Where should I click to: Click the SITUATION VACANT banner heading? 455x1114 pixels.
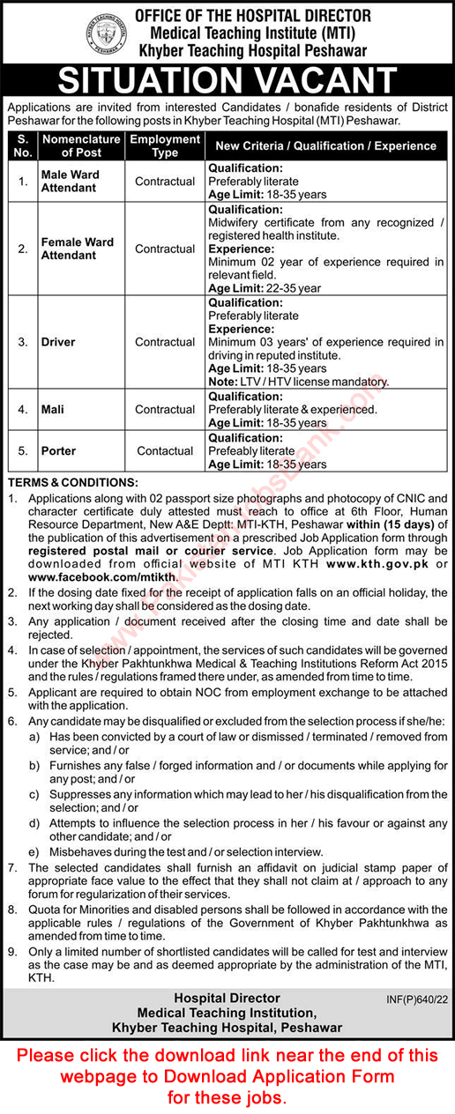[x=227, y=81]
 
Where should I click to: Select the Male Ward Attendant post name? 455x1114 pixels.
[x=71, y=181]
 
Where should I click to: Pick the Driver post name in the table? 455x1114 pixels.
[x=58, y=342]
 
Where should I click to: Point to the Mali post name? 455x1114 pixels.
[x=53, y=409]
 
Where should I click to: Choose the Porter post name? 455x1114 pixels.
[x=58, y=450]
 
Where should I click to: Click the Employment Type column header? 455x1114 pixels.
[x=165, y=145]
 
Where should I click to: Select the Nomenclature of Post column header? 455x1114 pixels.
[x=80, y=145]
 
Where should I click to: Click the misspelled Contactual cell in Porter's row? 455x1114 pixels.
[x=165, y=450]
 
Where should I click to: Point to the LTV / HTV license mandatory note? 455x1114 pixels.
[x=298, y=382]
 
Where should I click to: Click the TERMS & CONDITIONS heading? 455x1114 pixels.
[x=73, y=482]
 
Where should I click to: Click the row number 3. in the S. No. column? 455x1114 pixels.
[x=23, y=342]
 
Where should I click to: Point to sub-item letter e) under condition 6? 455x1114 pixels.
[x=33, y=851]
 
